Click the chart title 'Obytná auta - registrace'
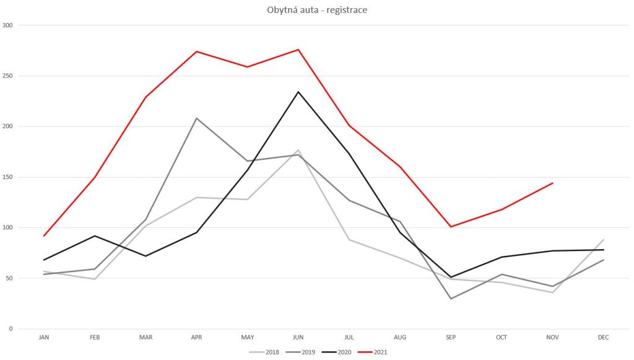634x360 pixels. pos(316,10)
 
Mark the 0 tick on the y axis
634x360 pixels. pos(10,329)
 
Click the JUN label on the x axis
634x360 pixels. pos(298,338)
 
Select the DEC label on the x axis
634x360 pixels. pos(604,338)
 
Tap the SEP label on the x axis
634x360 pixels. pos(451,338)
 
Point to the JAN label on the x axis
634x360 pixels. pos(44,338)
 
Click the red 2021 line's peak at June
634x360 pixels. pos(298,50)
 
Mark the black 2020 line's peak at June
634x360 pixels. pos(298,92)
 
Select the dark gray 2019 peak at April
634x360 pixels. pos(196,118)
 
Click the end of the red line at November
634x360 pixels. pos(552,183)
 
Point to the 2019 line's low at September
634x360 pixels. pos(451,299)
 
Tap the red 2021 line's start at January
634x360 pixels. pos(44,235)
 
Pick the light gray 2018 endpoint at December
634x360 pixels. pos(604,239)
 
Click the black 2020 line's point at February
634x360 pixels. pos(95,235)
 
